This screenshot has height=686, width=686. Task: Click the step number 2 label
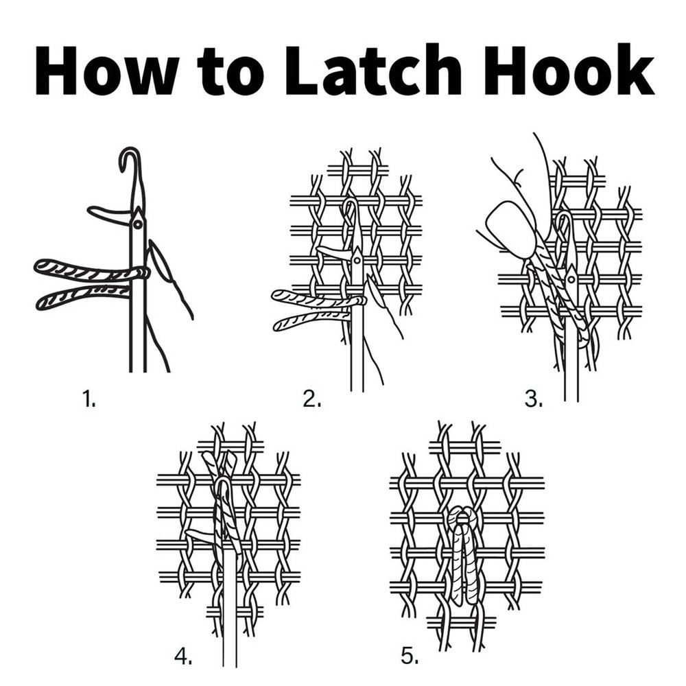coord(312,399)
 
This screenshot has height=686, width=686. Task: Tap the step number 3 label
coord(534,399)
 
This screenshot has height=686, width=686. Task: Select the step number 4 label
coord(183,656)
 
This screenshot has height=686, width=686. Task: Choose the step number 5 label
coord(410,656)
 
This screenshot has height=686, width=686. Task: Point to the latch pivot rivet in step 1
coord(139,224)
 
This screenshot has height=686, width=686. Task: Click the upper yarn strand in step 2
coord(316,299)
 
